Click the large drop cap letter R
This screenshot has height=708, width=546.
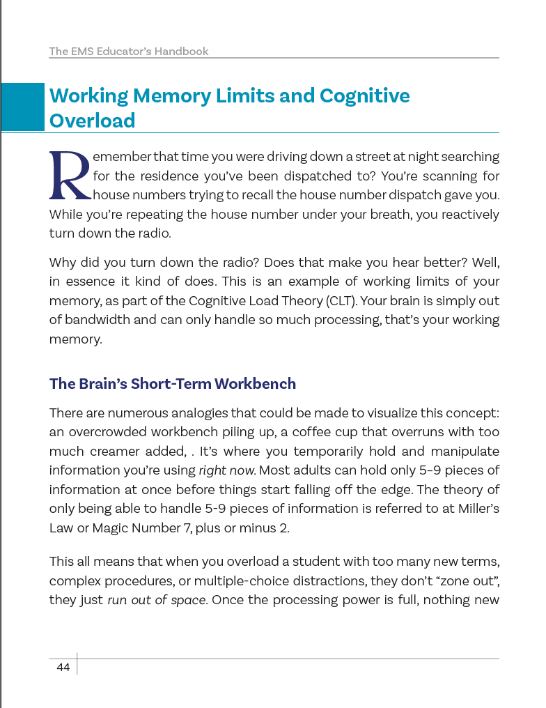click(70, 174)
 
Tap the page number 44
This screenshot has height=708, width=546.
click(63, 668)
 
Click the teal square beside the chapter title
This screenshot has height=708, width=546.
click(23, 107)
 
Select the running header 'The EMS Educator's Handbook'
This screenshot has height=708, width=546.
click(129, 52)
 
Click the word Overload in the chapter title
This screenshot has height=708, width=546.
click(92, 121)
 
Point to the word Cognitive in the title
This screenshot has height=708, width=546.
click(364, 95)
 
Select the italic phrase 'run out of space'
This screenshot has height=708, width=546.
click(157, 600)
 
